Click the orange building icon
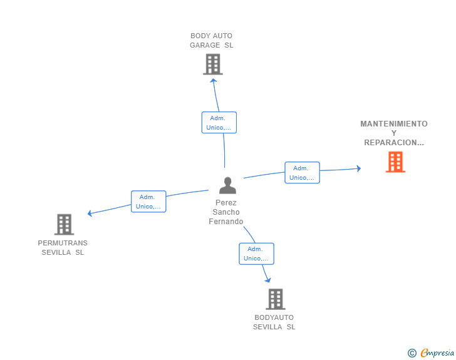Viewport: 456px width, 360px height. (x=395, y=162)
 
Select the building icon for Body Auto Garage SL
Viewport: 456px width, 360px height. (x=213, y=64)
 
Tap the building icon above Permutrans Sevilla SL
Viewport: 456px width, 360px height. (x=65, y=225)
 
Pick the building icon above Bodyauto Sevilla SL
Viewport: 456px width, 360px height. (x=276, y=299)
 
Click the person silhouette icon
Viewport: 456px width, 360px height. (x=228, y=185)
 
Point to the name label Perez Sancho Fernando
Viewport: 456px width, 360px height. (x=226, y=212)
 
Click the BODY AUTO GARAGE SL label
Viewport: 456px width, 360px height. (x=212, y=41)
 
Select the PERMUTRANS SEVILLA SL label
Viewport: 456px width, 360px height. (x=63, y=248)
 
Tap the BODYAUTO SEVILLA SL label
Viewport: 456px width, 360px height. (x=274, y=322)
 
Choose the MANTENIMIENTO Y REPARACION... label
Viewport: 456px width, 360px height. (x=394, y=133)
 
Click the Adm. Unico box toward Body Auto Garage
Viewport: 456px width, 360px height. (x=219, y=123)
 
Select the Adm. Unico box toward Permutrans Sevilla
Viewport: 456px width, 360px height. (x=148, y=202)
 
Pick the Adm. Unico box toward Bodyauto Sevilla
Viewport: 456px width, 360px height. (x=257, y=254)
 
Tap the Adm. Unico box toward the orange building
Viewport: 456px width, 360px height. (x=302, y=173)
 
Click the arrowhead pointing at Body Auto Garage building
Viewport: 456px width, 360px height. (x=214, y=81)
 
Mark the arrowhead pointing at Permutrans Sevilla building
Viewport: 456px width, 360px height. (x=90, y=213)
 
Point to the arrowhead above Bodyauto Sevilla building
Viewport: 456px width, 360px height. (x=268, y=280)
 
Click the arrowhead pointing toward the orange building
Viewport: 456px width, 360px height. (x=358, y=168)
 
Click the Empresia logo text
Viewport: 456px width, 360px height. (x=437, y=353)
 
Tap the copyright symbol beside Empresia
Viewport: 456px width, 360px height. (x=412, y=353)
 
